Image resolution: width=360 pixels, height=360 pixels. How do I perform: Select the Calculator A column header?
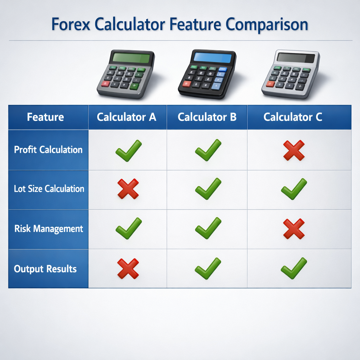point(127,117)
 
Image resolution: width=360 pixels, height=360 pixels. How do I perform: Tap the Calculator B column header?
point(207,117)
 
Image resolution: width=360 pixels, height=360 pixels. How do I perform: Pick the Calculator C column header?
point(293,117)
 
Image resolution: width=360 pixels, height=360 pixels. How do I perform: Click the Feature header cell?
point(45,117)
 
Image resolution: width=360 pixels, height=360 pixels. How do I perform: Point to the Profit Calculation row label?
point(48,150)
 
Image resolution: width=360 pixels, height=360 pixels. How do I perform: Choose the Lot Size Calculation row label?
point(49,189)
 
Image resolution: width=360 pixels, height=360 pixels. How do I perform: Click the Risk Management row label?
point(49,229)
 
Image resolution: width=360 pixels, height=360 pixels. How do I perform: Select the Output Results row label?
point(45,269)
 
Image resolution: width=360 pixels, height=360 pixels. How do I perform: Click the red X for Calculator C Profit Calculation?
point(294,150)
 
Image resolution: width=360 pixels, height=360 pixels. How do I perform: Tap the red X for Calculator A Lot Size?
point(128,189)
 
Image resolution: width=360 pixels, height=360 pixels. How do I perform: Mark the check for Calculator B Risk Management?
point(208,228)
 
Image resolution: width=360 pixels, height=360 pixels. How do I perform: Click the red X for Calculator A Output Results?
point(128,269)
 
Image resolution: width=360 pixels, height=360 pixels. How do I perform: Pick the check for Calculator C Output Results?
point(294,268)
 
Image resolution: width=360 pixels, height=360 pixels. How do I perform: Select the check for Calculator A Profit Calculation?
point(128,150)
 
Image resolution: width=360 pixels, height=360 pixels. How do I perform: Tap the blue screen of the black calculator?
point(213,57)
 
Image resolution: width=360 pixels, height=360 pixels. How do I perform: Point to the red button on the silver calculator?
point(270,84)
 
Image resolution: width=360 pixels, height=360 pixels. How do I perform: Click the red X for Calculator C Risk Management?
point(294,229)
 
